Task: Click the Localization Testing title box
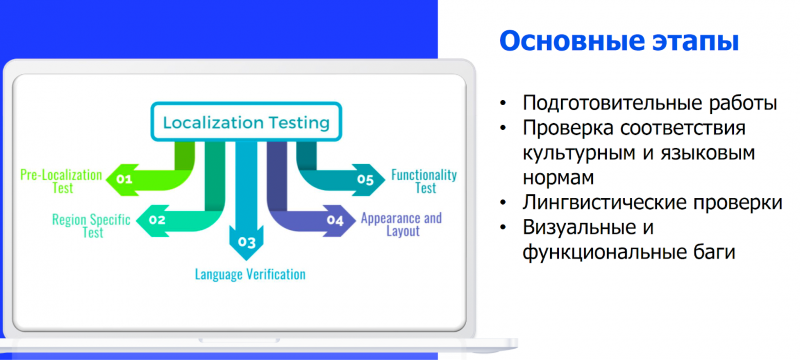click(x=246, y=122)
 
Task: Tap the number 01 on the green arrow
click(x=124, y=179)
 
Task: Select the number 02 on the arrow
click(x=157, y=219)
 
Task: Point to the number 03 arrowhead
click(x=247, y=242)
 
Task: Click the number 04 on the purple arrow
click(x=335, y=221)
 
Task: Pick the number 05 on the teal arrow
click(x=365, y=179)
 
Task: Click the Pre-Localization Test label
click(x=62, y=182)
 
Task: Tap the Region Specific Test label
click(x=91, y=226)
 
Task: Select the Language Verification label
click(x=250, y=274)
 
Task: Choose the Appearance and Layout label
click(x=402, y=224)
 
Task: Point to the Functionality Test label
click(x=424, y=182)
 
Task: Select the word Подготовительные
click(x=612, y=103)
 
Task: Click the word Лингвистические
click(x=605, y=203)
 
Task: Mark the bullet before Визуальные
click(x=503, y=227)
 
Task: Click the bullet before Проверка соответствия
click(x=503, y=128)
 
